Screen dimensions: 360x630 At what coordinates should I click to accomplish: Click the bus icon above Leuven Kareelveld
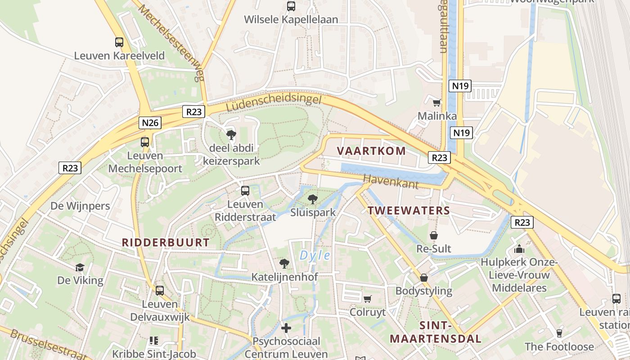[x=119, y=42]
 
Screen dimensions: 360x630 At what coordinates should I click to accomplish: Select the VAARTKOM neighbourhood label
[x=371, y=151]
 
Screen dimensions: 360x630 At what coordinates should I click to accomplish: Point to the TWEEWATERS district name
[x=409, y=210]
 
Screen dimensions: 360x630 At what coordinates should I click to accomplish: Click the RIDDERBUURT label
[x=166, y=243]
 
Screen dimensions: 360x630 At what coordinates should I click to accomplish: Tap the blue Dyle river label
[x=315, y=256]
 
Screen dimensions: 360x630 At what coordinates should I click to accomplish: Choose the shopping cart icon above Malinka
[x=436, y=103]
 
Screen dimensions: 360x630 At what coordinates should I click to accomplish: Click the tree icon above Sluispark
[x=312, y=198]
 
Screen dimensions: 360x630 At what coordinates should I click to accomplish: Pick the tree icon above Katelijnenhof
[x=284, y=263]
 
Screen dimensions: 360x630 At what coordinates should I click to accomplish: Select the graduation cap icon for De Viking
[x=80, y=267]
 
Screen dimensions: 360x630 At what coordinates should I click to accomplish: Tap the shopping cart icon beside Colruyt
[x=368, y=299]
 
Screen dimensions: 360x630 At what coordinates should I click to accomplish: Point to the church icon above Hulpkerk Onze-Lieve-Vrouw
[x=519, y=248]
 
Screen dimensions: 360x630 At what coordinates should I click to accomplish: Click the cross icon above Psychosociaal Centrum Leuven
[x=286, y=328]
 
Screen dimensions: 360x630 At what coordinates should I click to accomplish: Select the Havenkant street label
[x=391, y=181]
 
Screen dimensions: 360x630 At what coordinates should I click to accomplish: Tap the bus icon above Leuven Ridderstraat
[x=245, y=190]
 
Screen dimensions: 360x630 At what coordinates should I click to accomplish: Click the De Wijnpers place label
[x=80, y=206]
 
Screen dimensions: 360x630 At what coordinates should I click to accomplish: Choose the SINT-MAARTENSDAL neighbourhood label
[x=435, y=332]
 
